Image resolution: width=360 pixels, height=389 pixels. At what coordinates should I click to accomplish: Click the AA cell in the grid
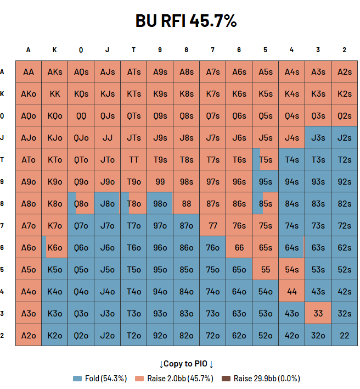coord(29,71)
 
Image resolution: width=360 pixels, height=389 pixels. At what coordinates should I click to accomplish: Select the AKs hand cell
coord(55,71)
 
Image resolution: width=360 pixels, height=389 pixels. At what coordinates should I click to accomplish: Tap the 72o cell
coord(212,335)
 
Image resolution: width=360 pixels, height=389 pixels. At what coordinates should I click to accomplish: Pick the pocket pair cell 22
coord(344,335)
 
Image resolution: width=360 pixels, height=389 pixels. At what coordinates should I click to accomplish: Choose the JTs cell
coord(134,137)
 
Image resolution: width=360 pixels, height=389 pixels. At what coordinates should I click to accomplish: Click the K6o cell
coord(55,247)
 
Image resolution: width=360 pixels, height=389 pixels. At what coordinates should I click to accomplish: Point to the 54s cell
coord(291,269)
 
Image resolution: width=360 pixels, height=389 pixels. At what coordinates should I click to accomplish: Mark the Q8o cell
coord(81,203)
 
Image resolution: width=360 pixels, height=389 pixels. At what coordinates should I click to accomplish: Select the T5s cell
coord(265,159)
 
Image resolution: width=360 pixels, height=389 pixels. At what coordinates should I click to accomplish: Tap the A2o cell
coord(29,335)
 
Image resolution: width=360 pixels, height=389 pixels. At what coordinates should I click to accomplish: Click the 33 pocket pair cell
coord(318,313)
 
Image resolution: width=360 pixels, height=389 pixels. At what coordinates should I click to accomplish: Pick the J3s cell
coord(318,137)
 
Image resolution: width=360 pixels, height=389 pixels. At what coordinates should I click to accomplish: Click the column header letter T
coord(134,50)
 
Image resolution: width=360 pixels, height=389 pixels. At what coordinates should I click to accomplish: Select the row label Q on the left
coord(3,115)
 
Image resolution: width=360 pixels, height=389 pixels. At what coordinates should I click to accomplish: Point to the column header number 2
coord(344,50)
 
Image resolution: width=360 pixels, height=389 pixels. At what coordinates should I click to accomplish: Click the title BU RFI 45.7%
coord(186,21)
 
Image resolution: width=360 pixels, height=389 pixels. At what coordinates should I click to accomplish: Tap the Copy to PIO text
coord(186,364)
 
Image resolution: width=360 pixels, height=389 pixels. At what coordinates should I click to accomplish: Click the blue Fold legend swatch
coord(77,379)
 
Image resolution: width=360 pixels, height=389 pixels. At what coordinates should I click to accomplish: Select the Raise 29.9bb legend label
coord(267,379)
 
